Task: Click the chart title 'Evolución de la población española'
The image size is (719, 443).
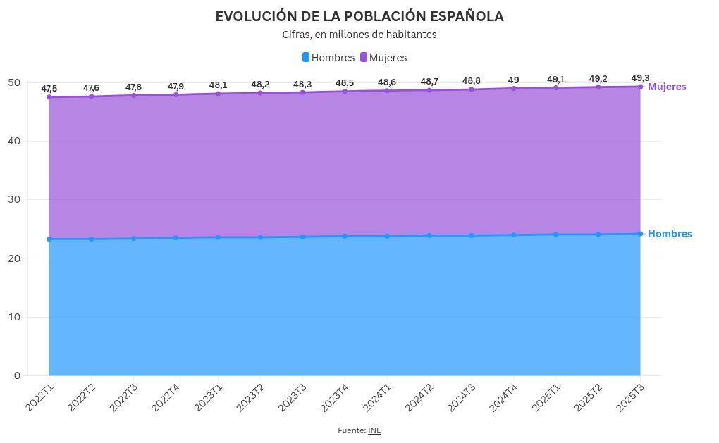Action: point(359,16)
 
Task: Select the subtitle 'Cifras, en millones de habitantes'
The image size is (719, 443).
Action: point(359,35)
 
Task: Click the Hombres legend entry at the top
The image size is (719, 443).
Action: point(328,58)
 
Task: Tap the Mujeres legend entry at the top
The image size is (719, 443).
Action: point(383,58)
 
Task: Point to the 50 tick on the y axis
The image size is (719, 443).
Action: point(14,82)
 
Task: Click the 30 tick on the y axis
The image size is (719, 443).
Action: point(14,200)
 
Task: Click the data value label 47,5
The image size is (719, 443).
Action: point(49,89)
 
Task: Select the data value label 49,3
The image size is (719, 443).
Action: point(640,78)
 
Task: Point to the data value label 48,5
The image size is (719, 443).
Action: point(345,83)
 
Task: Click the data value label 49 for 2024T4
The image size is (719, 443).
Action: point(514,80)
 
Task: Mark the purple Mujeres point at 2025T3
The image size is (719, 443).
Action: point(640,87)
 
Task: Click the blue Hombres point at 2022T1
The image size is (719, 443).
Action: point(49,239)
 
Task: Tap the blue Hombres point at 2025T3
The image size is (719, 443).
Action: point(640,234)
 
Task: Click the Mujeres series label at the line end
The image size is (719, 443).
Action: point(667,87)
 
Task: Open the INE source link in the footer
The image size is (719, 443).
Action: point(374,430)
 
